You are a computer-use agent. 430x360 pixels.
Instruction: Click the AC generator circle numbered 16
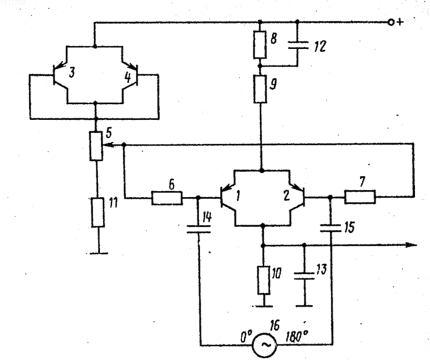264,345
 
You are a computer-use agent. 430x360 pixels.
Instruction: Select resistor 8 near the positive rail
260,45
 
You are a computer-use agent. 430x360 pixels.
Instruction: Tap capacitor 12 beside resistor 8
298,45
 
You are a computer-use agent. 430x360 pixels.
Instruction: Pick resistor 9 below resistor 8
260,89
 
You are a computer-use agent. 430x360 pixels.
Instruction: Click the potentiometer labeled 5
96,146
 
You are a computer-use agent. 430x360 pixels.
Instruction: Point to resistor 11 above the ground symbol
98,213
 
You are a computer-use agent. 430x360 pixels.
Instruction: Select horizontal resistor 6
167,198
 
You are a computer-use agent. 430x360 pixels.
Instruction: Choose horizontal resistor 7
360,197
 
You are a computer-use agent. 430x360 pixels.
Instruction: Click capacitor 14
198,229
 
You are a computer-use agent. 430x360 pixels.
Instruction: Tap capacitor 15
331,228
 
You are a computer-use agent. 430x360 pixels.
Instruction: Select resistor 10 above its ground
263,280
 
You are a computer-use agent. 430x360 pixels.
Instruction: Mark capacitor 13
304,276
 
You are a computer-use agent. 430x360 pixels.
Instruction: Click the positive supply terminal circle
391,23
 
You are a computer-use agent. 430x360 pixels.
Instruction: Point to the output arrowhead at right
411,245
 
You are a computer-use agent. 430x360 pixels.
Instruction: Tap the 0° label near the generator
246,336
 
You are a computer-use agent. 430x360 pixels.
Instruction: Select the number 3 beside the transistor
71,73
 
